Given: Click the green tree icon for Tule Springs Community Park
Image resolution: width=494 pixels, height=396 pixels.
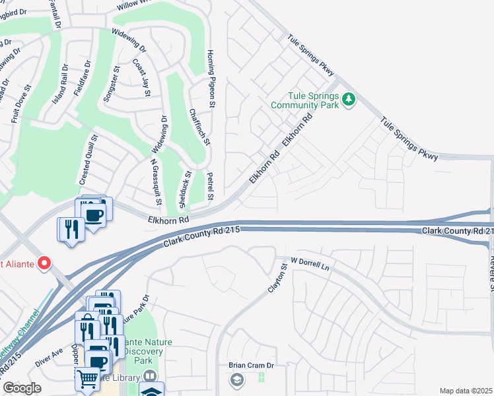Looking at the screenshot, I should click(349, 100).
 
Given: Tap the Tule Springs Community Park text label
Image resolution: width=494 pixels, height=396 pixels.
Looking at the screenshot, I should click(304, 100).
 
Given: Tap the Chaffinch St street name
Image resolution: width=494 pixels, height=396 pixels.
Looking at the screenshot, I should click(199, 127).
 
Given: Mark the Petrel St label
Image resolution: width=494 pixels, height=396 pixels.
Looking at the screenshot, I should click(209, 186).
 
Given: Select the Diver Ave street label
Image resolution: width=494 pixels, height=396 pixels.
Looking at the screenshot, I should click(49, 356).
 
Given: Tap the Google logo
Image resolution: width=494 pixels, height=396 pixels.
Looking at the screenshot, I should click(21, 388).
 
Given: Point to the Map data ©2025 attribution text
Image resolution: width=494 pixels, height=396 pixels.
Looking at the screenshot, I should click(466, 391).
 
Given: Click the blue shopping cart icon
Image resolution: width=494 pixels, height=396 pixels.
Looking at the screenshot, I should click(87, 379).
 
